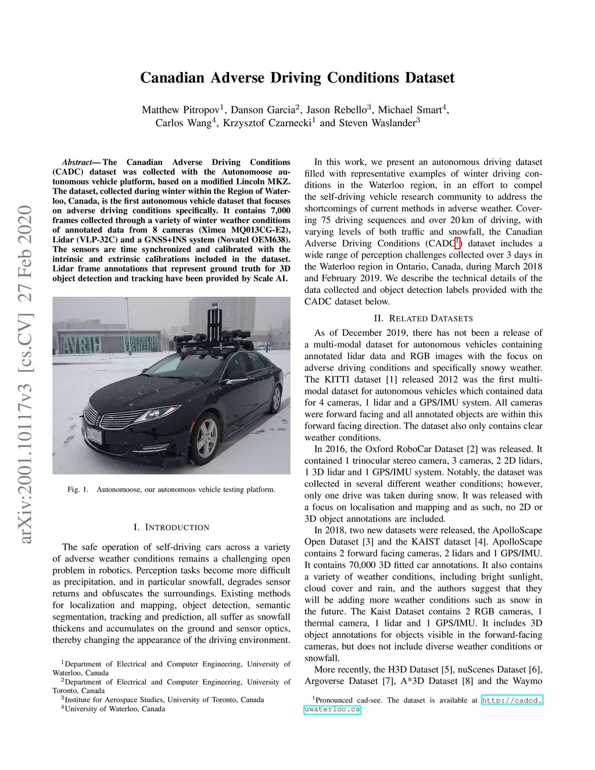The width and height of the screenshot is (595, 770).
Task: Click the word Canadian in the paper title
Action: pyautogui.click(x=172, y=78)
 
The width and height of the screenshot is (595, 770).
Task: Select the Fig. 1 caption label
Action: pyautogui.click(x=77, y=489)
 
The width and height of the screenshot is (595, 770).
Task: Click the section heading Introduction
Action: pyautogui.click(x=171, y=527)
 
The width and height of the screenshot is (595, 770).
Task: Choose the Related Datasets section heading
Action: pyautogui.click(x=423, y=318)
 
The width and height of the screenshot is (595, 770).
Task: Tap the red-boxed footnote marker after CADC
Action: pyautogui.click(x=457, y=242)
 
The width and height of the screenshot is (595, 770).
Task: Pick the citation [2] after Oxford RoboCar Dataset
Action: pyautogui.click(x=471, y=449)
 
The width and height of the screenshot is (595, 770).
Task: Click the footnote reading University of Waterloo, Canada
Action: pyautogui.click(x=114, y=709)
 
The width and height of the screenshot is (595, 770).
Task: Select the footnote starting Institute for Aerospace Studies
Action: pyautogui.click(x=164, y=700)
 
